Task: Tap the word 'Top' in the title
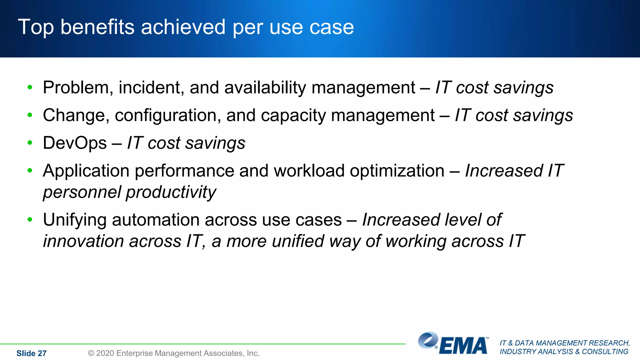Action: (x=36, y=27)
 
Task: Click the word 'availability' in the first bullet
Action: (x=265, y=87)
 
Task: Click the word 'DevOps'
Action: (x=75, y=143)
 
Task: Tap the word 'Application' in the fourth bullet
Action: (x=86, y=171)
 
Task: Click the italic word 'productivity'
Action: (x=171, y=192)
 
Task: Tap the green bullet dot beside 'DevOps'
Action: (x=30, y=143)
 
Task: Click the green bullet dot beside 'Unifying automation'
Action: (x=30, y=220)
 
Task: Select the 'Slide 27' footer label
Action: (x=31, y=353)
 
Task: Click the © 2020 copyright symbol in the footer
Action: (x=91, y=353)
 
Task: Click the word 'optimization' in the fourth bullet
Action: (x=397, y=171)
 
